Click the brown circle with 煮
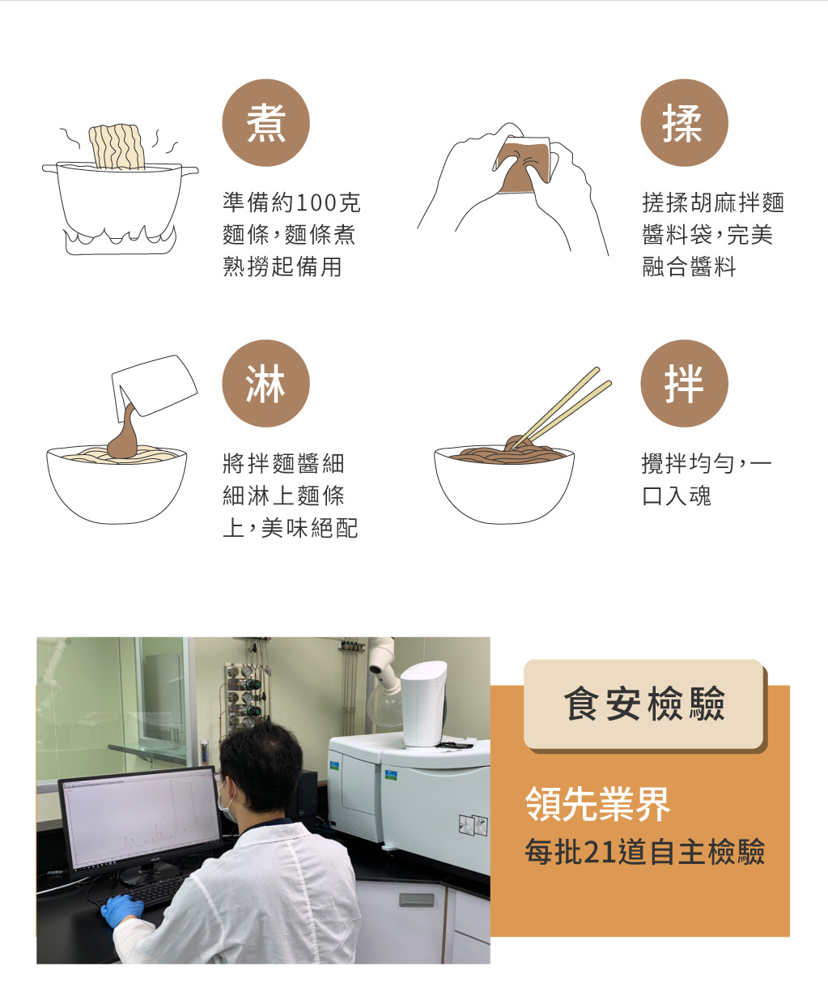tap(265, 123)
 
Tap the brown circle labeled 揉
tap(684, 123)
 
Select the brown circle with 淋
tap(265, 383)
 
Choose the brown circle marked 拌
tap(684, 383)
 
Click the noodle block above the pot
tap(117, 147)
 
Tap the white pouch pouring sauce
tap(154, 385)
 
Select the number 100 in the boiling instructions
tap(316, 203)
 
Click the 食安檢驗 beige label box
tap(643, 704)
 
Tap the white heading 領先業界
tap(597, 805)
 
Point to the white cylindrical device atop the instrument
tap(423, 703)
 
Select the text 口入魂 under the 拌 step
tap(676, 496)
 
